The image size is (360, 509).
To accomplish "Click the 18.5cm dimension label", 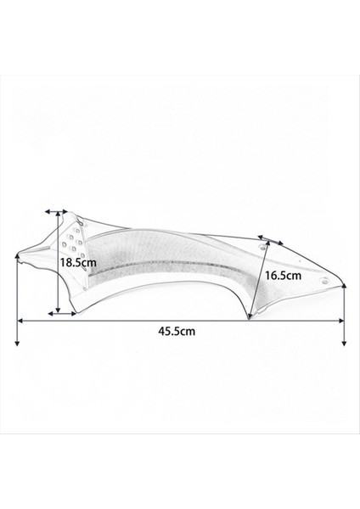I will click(78, 263).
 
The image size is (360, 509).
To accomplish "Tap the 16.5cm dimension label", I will click(282, 276).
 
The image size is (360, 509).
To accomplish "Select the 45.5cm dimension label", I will click(177, 332).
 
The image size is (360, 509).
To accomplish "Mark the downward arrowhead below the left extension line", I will click(19, 341).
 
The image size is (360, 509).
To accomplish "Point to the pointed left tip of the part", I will click(20, 252).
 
